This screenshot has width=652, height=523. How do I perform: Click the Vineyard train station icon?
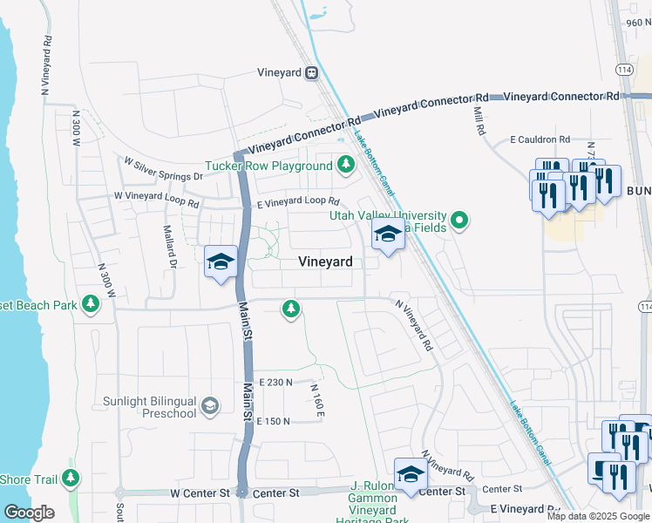[x=312, y=74]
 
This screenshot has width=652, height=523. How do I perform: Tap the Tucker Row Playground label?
[x=268, y=166]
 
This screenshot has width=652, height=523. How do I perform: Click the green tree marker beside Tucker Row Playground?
[x=346, y=164]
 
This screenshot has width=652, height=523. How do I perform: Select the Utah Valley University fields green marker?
[x=461, y=221]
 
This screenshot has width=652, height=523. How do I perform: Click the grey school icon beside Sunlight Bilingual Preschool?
[x=209, y=405]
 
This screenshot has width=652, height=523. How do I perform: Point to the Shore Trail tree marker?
[x=71, y=479]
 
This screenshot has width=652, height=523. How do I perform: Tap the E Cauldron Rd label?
[x=540, y=139]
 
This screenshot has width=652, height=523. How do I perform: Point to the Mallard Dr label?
[x=170, y=247]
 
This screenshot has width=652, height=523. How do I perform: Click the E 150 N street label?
[x=273, y=421]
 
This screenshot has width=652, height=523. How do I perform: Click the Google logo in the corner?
[x=29, y=513]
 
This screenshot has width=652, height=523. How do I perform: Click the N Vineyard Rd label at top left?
[x=45, y=65]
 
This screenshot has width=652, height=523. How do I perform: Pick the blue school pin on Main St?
[x=221, y=261]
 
